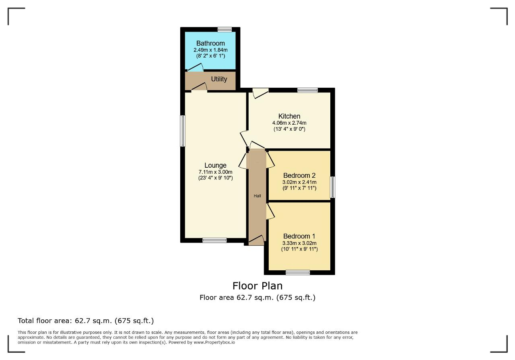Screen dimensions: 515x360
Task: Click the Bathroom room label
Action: coord(210,43)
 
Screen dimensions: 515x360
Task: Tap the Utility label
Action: coord(219,79)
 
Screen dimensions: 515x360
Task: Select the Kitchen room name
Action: coord(289,116)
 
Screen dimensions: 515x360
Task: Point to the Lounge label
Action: coord(215,165)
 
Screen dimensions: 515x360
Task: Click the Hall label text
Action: coord(257,196)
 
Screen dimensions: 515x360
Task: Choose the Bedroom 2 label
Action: coord(299,175)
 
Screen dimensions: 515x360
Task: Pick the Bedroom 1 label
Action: coord(299,236)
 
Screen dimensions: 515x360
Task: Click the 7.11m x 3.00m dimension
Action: coord(215,172)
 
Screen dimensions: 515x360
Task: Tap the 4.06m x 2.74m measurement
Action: coord(289,123)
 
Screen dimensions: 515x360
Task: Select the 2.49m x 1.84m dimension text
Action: coord(210,50)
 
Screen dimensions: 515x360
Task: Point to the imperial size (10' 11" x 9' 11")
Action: coord(299,249)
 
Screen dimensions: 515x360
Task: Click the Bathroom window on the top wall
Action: coord(225,29)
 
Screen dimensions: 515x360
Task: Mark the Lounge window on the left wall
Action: coord(183,131)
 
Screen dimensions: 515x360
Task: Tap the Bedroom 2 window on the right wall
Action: coord(332,187)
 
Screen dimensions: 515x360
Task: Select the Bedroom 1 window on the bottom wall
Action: coord(298,273)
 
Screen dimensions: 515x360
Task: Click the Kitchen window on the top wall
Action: coord(307,90)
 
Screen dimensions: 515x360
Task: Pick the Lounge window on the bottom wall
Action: coord(214,241)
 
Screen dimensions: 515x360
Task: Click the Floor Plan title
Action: coord(257,286)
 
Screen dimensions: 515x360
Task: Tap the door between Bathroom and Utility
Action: coord(196,67)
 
